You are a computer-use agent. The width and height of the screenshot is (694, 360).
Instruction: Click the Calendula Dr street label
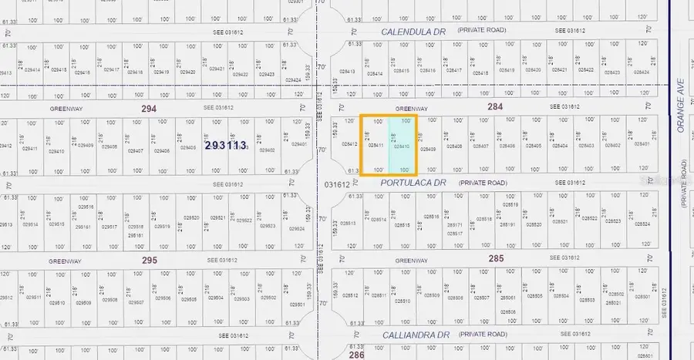tap(414, 31)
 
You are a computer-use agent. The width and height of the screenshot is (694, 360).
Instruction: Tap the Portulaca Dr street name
tap(413, 183)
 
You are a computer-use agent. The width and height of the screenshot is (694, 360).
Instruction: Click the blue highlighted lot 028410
tap(402, 145)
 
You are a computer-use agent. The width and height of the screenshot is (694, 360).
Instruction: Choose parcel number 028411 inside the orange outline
tap(376, 145)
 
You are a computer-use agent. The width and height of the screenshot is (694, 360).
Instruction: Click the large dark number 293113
tap(225, 145)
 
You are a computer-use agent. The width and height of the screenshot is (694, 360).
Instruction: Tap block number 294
tap(149, 109)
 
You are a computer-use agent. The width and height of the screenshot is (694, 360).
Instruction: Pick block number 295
tap(150, 260)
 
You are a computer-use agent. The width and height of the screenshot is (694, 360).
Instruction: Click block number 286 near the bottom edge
tap(355, 355)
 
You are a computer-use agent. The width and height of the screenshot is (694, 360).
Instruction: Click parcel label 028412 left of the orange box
tap(349, 144)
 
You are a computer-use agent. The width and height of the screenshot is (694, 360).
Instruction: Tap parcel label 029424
tap(293, 79)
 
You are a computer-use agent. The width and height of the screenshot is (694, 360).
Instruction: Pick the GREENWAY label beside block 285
tap(411, 261)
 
